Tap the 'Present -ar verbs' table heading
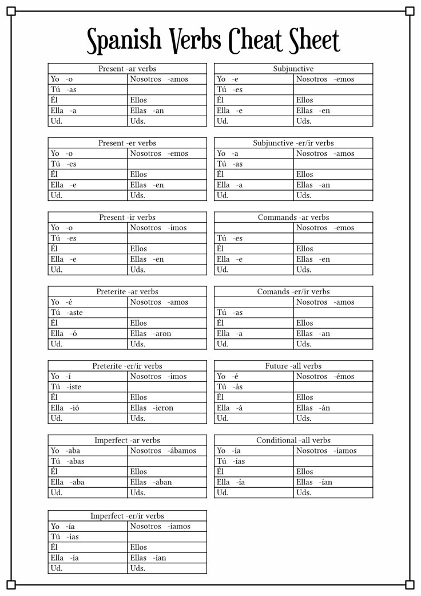coord(127,69)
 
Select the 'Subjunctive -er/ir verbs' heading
coord(293,143)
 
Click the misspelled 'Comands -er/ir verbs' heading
coord(293,292)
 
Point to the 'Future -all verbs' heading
coord(293,366)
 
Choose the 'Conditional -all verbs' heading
coord(293,441)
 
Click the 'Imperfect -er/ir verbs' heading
coord(127,516)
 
